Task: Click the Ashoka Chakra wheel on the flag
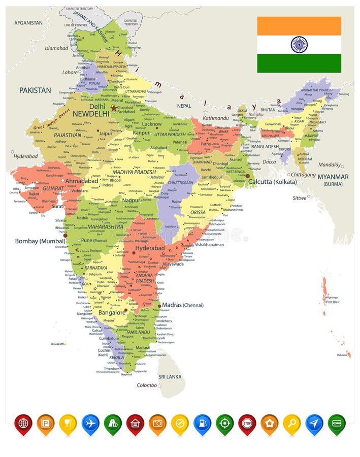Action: coord(299,45)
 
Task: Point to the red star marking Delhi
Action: coord(113,108)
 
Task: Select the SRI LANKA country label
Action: coord(170,377)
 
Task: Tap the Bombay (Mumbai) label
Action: coord(40,241)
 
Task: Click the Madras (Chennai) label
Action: coord(183,305)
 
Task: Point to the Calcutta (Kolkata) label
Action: coord(272,182)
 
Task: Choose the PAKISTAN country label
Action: coord(35,90)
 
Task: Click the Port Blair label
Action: coord(333,302)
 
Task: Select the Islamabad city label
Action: coord(56,48)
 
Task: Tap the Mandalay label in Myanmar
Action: coord(330,165)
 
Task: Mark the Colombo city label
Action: coord(147,385)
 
